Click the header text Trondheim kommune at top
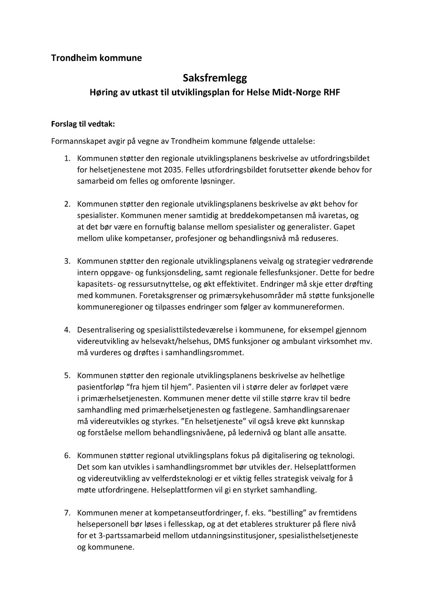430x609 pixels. point(96,58)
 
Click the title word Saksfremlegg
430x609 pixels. point(215,79)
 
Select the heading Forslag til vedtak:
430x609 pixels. point(83,124)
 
